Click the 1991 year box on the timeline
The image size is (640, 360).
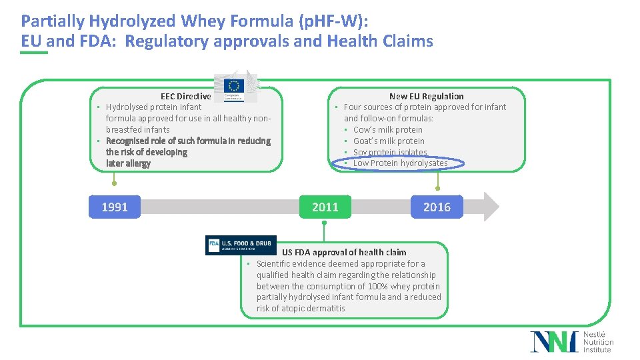coord(115,207)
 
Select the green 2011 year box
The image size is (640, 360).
coord(325,207)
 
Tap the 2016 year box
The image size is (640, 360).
coord(437,207)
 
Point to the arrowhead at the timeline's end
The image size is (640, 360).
coord(491,207)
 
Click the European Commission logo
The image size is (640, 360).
coord(234,87)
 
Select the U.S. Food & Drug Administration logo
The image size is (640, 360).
coord(240,245)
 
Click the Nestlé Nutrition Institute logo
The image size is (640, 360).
coord(571,341)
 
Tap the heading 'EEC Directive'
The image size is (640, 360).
coord(185,96)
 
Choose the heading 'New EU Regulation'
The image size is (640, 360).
coord(426,96)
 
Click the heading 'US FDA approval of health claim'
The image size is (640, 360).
coord(343,252)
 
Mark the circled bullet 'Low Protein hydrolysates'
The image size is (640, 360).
coord(400,163)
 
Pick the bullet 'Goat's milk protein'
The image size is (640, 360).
coord(389,141)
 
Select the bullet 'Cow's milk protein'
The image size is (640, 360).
coord(387,129)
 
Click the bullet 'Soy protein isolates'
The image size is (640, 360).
coord(390,152)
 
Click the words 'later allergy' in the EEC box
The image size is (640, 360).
coord(128,163)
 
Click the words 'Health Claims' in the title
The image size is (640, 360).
coord(380,41)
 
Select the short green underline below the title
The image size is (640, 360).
coord(34,53)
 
